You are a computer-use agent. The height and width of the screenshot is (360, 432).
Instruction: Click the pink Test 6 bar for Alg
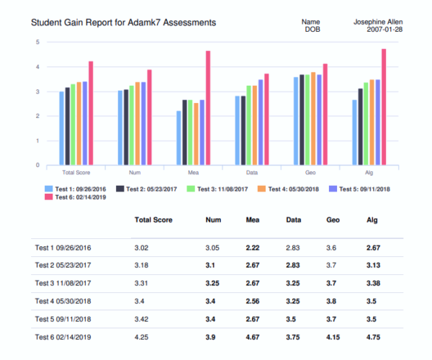pyautogui.click(x=384, y=107)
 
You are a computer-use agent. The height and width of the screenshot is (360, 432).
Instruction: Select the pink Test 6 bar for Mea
pyautogui.click(x=207, y=108)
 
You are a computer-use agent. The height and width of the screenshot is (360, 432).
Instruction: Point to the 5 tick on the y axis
pyautogui.click(x=37, y=42)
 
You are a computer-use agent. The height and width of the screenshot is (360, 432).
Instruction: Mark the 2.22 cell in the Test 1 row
pyautogui.click(x=253, y=247)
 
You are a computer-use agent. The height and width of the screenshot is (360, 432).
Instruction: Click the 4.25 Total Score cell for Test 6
pyautogui.click(x=143, y=336)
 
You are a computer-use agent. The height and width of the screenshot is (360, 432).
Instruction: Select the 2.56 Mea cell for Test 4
pyautogui.click(x=253, y=300)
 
